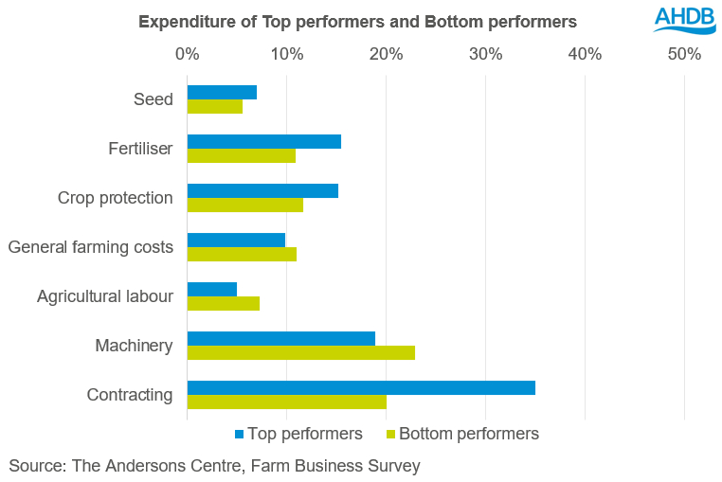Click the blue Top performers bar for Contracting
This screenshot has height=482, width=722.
coord(361,387)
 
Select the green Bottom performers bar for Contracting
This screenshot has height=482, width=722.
coord(287,402)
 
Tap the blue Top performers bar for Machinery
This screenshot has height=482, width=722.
coord(281,338)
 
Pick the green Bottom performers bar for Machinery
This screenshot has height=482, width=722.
coord(301,352)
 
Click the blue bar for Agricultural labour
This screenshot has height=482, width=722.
coord(212,289)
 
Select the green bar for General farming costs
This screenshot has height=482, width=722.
coord(242,254)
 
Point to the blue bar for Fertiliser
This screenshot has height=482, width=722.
coord(264,141)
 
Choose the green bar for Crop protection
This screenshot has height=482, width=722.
coord(245,205)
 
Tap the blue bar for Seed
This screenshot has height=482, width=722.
coord(222,92)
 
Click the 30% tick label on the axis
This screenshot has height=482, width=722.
coord(485,54)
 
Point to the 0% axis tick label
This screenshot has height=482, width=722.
coord(188,54)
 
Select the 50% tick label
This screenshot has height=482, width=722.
coord(684,54)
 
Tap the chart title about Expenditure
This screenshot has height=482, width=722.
coord(357,21)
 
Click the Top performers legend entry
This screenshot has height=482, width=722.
coord(298,434)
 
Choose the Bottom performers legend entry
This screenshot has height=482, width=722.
coord(463,434)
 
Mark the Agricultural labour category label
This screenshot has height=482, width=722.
coord(105,296)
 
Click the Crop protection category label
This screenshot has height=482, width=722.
coord(115,198)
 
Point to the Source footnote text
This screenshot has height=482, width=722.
coord(214,466)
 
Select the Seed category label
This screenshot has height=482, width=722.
coord(154,99)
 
